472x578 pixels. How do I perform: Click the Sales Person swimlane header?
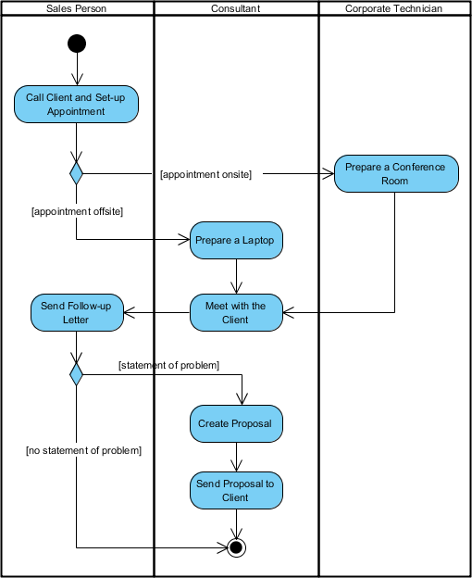point(77,8)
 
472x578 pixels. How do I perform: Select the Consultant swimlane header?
point(236,8)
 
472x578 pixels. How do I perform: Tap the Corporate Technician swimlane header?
point(393,8)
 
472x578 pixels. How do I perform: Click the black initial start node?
point(77,44)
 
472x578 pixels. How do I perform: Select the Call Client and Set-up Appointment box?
point(77,104)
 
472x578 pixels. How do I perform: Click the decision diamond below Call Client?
point(77,172)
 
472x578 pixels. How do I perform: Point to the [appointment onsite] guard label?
point(205,173)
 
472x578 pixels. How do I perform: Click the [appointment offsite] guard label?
point(78,211)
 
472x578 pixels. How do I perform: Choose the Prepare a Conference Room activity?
point(395,173)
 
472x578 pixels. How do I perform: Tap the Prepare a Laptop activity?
point(237,240)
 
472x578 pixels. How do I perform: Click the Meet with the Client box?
point(237,312)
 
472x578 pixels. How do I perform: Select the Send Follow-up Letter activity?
point(77,312)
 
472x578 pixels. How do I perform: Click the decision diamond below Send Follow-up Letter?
point(77,374)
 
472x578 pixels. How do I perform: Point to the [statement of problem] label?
point(168,365)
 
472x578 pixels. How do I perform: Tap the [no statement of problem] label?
point(83,450)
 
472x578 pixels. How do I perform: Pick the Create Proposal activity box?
point(237,423)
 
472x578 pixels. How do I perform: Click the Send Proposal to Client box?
point(237,490)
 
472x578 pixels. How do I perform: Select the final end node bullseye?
point(237,547)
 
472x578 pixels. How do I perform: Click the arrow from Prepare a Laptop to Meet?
point(237,276)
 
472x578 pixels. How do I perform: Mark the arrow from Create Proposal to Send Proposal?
point(237,457)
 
